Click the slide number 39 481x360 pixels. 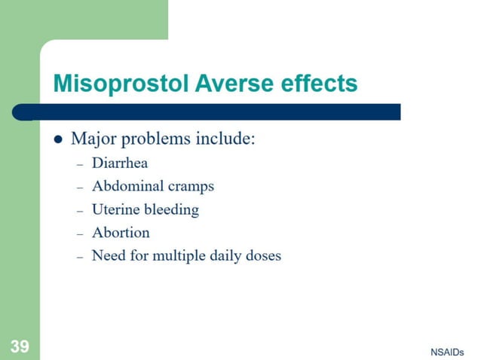tap(20, 346)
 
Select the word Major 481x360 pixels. tap(94, 139)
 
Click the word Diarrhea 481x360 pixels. tap(120, 163)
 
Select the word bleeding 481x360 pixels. tap(171, 209)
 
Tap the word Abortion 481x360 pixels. tap(121, 232)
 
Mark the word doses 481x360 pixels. tap(262, 255)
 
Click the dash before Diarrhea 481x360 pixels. tap(79, 163)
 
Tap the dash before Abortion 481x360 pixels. tap(79, 233)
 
